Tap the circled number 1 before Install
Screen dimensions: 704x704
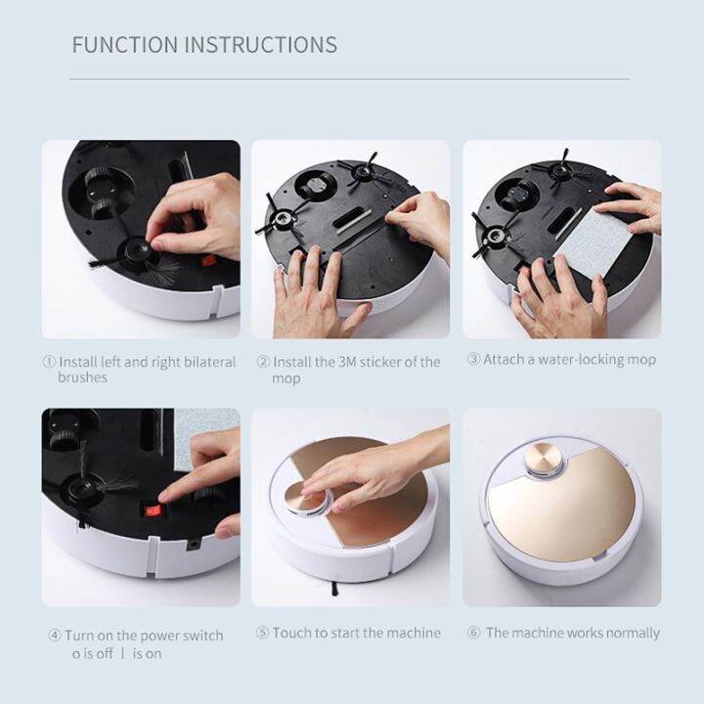tap(49, 362)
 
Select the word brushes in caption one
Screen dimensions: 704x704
tap(83, 377)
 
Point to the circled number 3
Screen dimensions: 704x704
tap(474, 360)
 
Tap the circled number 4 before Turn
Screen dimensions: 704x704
tap(55, 636)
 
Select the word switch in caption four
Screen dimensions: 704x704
tap(199, 636)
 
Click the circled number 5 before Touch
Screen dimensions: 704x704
tap(262, 633)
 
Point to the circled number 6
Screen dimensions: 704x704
tap(474, 633)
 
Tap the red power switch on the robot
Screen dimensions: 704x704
tap(152, 509)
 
